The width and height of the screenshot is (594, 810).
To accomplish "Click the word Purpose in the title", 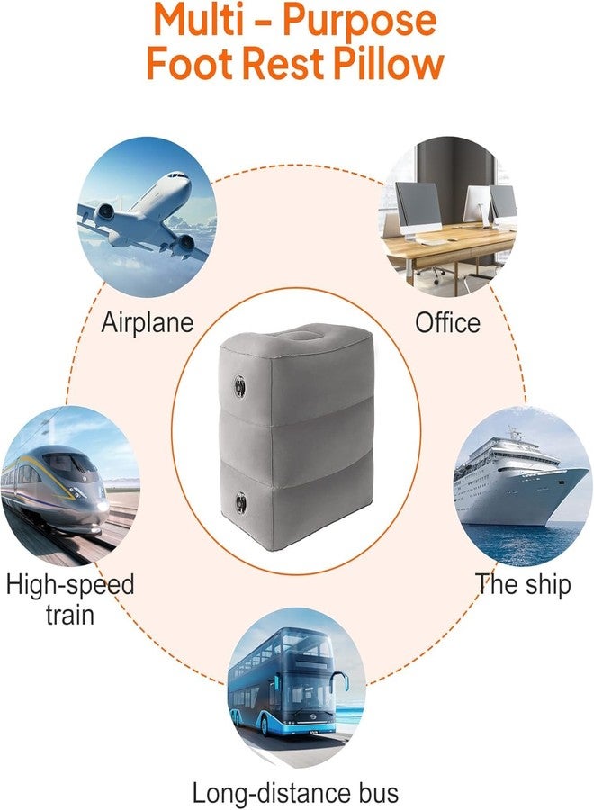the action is coord(359,21).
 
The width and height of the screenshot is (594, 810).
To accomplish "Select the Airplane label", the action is coord(148,323).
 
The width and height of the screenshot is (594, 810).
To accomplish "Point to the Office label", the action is coord(448,323).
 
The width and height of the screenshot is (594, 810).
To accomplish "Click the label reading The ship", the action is coord(523,584).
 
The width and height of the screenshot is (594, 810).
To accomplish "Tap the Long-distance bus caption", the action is coord(295,792).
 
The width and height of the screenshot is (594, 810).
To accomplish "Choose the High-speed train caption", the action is coord(70,599).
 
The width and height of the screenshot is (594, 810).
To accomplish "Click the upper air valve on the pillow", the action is coord(239,385).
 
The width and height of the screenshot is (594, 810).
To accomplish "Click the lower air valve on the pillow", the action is coord(240,500).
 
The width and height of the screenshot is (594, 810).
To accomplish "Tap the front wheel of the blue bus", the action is coord(267,724).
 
